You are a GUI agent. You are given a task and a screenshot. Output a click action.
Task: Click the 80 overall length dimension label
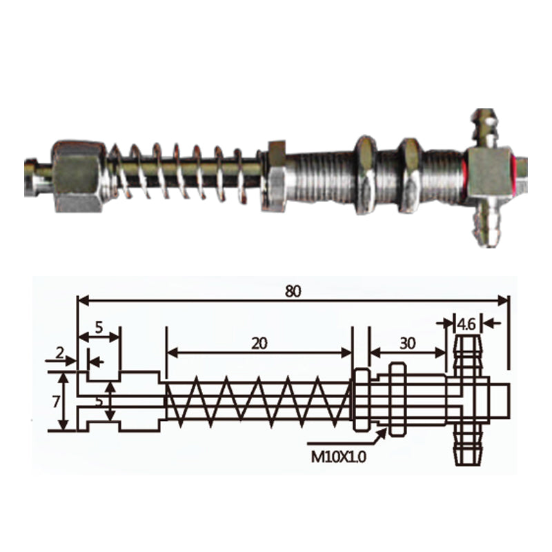coord(293,291)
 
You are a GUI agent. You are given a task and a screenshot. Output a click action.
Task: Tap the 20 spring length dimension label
coord(259,343)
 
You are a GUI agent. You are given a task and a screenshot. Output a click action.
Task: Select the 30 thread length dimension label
coord(408,343)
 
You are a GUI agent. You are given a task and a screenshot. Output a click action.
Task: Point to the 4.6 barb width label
coord(467,324)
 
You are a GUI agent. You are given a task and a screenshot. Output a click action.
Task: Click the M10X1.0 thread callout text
coord(339,457)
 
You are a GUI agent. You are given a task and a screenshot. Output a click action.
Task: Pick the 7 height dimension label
coord(56,402)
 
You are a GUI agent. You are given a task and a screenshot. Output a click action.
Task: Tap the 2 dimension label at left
coord(60,353)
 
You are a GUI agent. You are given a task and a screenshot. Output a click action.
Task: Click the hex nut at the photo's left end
coord(78,177)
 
